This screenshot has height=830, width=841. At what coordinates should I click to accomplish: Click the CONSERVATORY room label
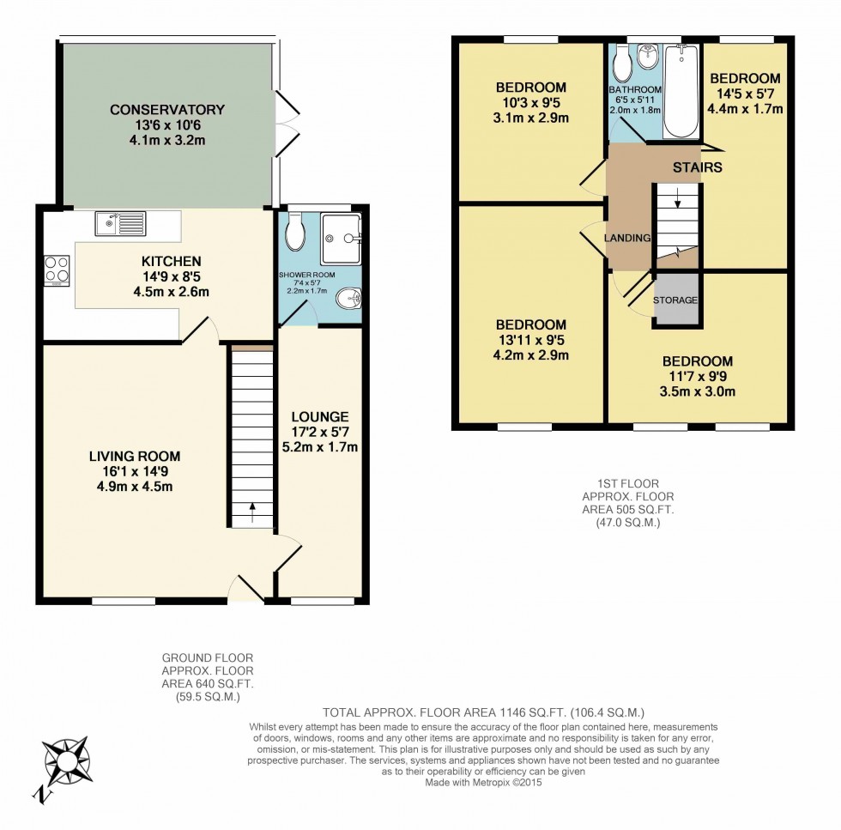[167, 110]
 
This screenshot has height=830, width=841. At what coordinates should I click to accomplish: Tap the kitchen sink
[121, 223]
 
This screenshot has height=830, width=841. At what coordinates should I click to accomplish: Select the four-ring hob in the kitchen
[57, 270]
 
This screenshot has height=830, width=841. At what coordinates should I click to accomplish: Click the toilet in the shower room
[294, 233]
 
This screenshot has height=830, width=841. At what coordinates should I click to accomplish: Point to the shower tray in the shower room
[341, 237]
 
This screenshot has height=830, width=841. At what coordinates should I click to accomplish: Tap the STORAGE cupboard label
[675, 300]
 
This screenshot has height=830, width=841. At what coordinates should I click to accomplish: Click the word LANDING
[627, 238]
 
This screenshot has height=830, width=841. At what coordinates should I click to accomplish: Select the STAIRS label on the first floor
[697, 167]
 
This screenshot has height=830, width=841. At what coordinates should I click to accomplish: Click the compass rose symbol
[65, 760]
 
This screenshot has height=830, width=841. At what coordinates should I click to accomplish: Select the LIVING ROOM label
[135, 456]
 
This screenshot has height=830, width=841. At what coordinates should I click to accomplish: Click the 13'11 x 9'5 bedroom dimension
[531, 340]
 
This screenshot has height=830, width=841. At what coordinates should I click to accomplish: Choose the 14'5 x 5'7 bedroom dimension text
[745, 94]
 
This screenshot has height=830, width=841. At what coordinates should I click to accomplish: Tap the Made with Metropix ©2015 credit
[483, 782]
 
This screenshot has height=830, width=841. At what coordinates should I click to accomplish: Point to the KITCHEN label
[172, 261]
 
